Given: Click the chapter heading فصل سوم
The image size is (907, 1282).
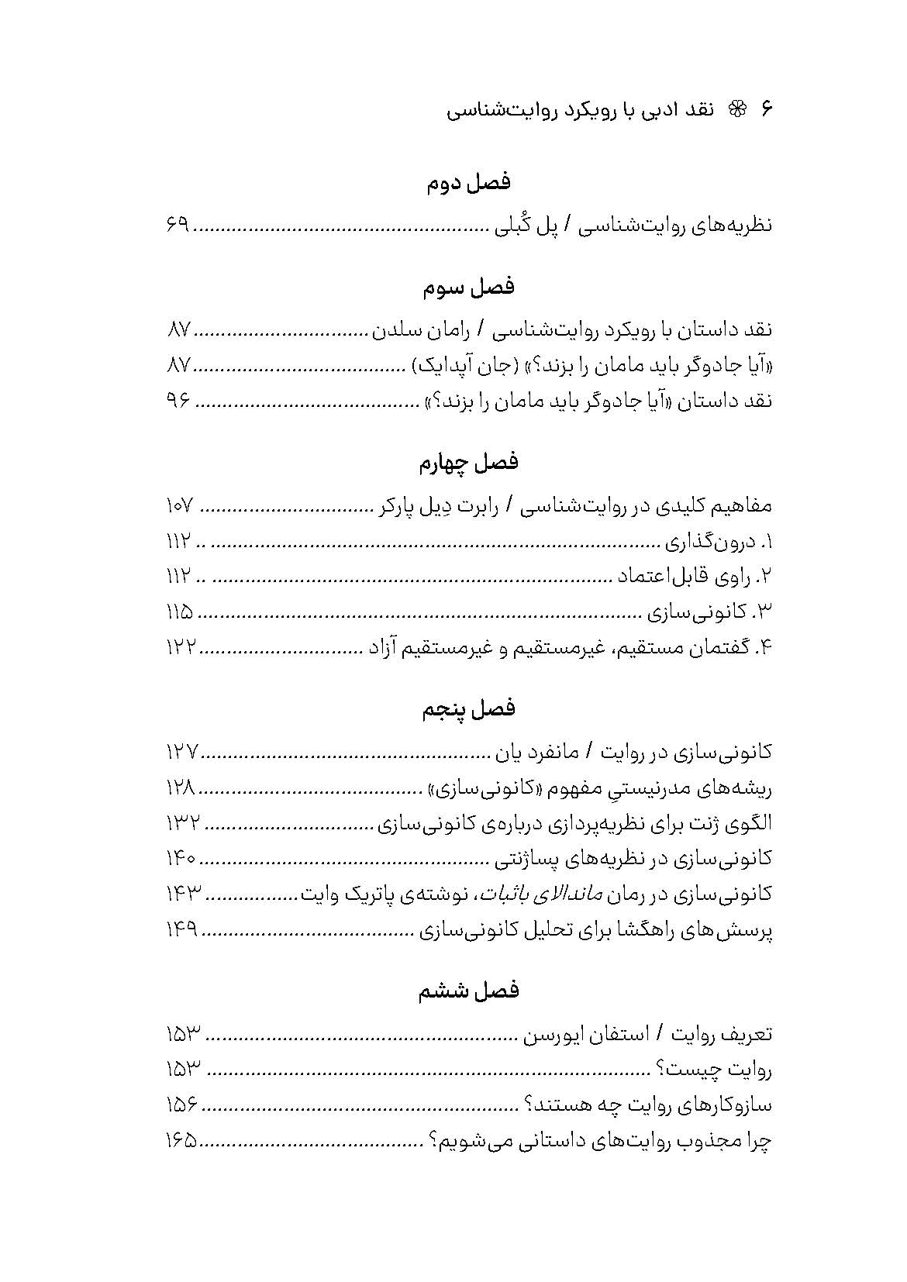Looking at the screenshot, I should click(469, 288).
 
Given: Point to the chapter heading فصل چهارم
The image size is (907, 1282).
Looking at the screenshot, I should click(469, 463).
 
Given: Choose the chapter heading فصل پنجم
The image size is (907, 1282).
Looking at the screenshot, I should click(469, 708).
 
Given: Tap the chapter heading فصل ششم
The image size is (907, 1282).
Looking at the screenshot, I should click(469, 991).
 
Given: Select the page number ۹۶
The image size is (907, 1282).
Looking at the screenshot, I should click(178, 401).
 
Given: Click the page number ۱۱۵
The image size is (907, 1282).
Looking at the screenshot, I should click(180, 612).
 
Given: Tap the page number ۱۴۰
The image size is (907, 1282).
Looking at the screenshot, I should click(181, 858).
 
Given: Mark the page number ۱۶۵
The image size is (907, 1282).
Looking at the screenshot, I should click(181, 1141).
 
